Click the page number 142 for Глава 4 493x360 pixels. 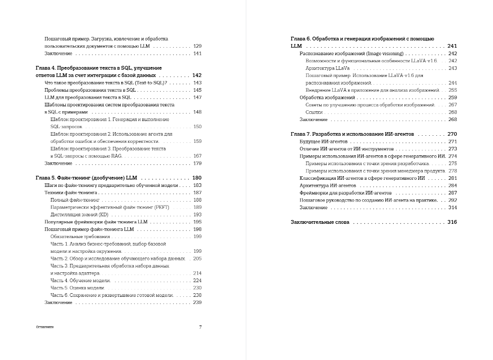pyautogui.click(x=197, y=75)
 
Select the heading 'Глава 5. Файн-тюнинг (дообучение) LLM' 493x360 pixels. pyautogui.click(x=87, y=178)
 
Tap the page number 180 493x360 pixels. pyautogui.click(x=197, y=178)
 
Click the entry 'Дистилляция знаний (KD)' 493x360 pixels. pyautogui.click(x=79, y=214)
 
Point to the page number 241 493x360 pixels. pyautogui.click(x=452, y=46)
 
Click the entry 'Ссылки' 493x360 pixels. pyautogui.click(x=314, y=112)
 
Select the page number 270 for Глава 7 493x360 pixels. pyautogui.click(x=452, y=134)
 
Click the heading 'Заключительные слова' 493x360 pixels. pyautogui.click(x=320, y=222)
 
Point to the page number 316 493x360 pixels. pyautogui.click(x=452, y=222)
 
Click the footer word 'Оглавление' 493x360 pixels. pyautogui.click(x=45, y=327)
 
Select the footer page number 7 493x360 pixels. pyautogui.click(x=200, y=327)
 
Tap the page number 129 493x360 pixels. pyautogui.click(x=197, y=46)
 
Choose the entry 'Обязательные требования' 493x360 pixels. pyautogui.click(x=80, y=237)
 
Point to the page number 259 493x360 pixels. pyautogui.click(x=453, y=97)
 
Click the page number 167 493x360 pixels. pyautogui.click(x=197, y=156)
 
